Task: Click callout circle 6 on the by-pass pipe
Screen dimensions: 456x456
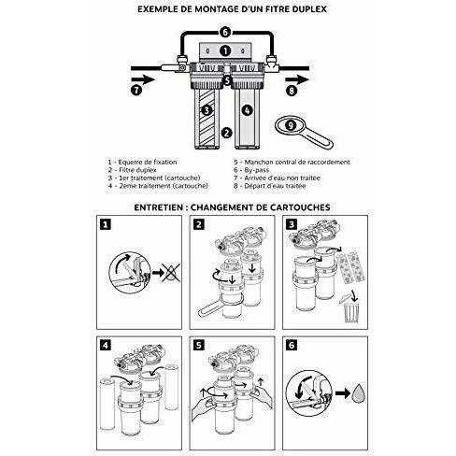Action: pos(224,32)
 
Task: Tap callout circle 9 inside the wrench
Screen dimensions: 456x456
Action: pos(292,122)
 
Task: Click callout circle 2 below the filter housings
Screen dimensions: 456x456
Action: pos(225,133)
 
